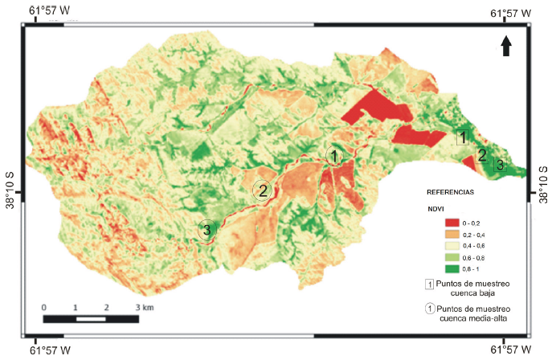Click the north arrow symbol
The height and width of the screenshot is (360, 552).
click(506, 47)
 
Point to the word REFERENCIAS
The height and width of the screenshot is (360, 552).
click(450, 194)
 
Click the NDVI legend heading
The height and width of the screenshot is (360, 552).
click(435, 208)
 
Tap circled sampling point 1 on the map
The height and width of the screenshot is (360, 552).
click(334, 155)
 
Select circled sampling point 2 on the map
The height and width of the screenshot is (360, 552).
click(262, 190)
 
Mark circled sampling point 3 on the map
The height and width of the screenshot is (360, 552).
click(207, 230)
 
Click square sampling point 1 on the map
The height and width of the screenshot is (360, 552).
click(463, 137)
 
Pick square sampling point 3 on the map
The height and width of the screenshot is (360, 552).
click(500, 165)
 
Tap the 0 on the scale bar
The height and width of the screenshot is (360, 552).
click(44, 308)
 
